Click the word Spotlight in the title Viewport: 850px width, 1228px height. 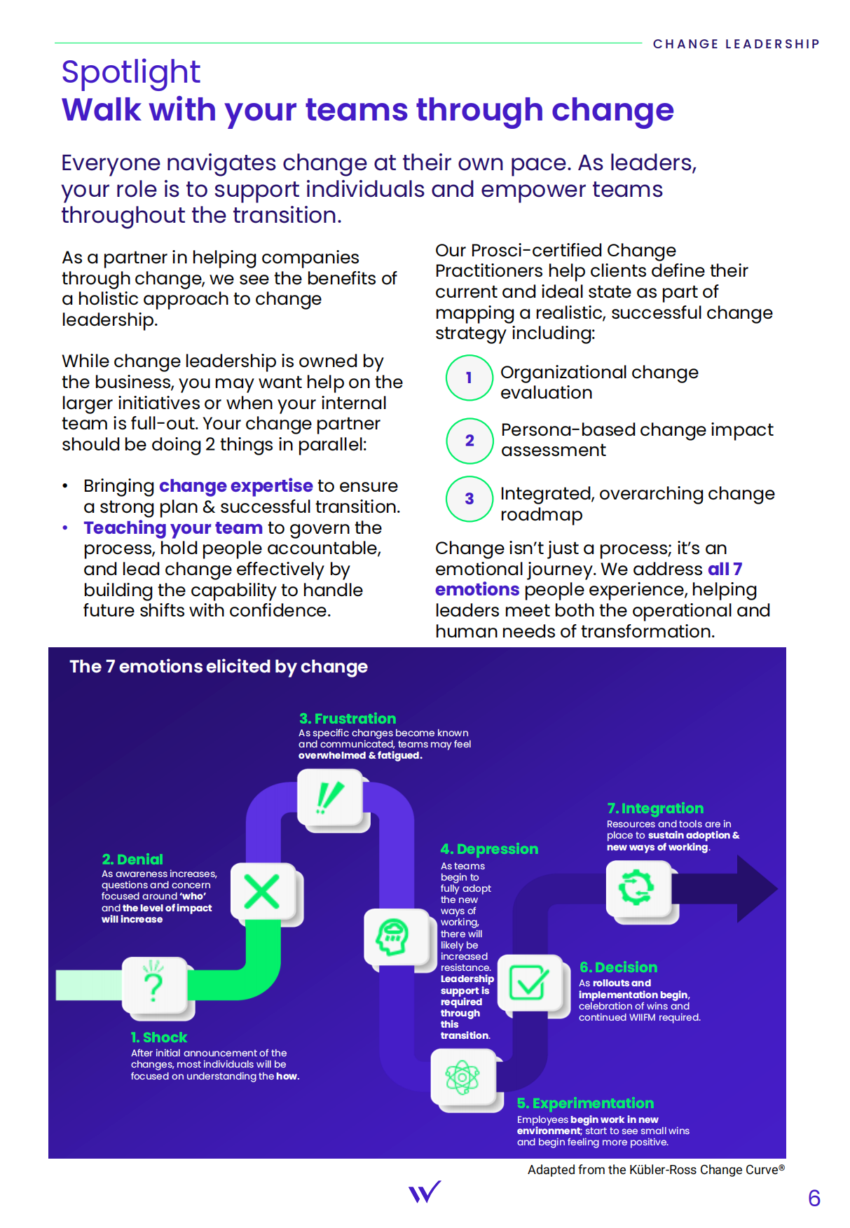pyautogui.click(x=131, y=73)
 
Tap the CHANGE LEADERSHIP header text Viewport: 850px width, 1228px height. pyautogui.click(x=736, y=44)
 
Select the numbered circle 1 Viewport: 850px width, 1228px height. pyautogui.click(x=469, y=378)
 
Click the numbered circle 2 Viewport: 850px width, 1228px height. pyautogui.click(x=469, y=441)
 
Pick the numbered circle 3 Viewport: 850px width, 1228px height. pyautogui.click(x=469, y=499)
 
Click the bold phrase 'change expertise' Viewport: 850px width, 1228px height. pyautogui.click(x=236, y=485)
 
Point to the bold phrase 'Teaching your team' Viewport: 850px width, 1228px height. pyautogui.click(x=173, y=527)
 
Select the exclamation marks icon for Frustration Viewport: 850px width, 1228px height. pyautogui.click(x=329, y=797)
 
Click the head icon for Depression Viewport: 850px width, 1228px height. pyautogui.click(x=393, y=937)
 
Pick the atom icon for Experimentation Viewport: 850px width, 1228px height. pyautogui.click(x=462, y=1077)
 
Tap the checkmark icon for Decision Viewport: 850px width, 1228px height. pyautogui.click(x=528, y=982)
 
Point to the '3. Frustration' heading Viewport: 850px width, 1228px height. pyautogui.click(x=348, y=719)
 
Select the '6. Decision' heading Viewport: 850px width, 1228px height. pyautogui.click(x=618, y=967)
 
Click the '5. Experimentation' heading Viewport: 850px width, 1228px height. pyautogui.click(x=585, y=1103)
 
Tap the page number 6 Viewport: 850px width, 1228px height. pyautogui.click(x=814, y=1198)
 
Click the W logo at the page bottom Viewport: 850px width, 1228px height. pyautogui.click(x=425, y=1192)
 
